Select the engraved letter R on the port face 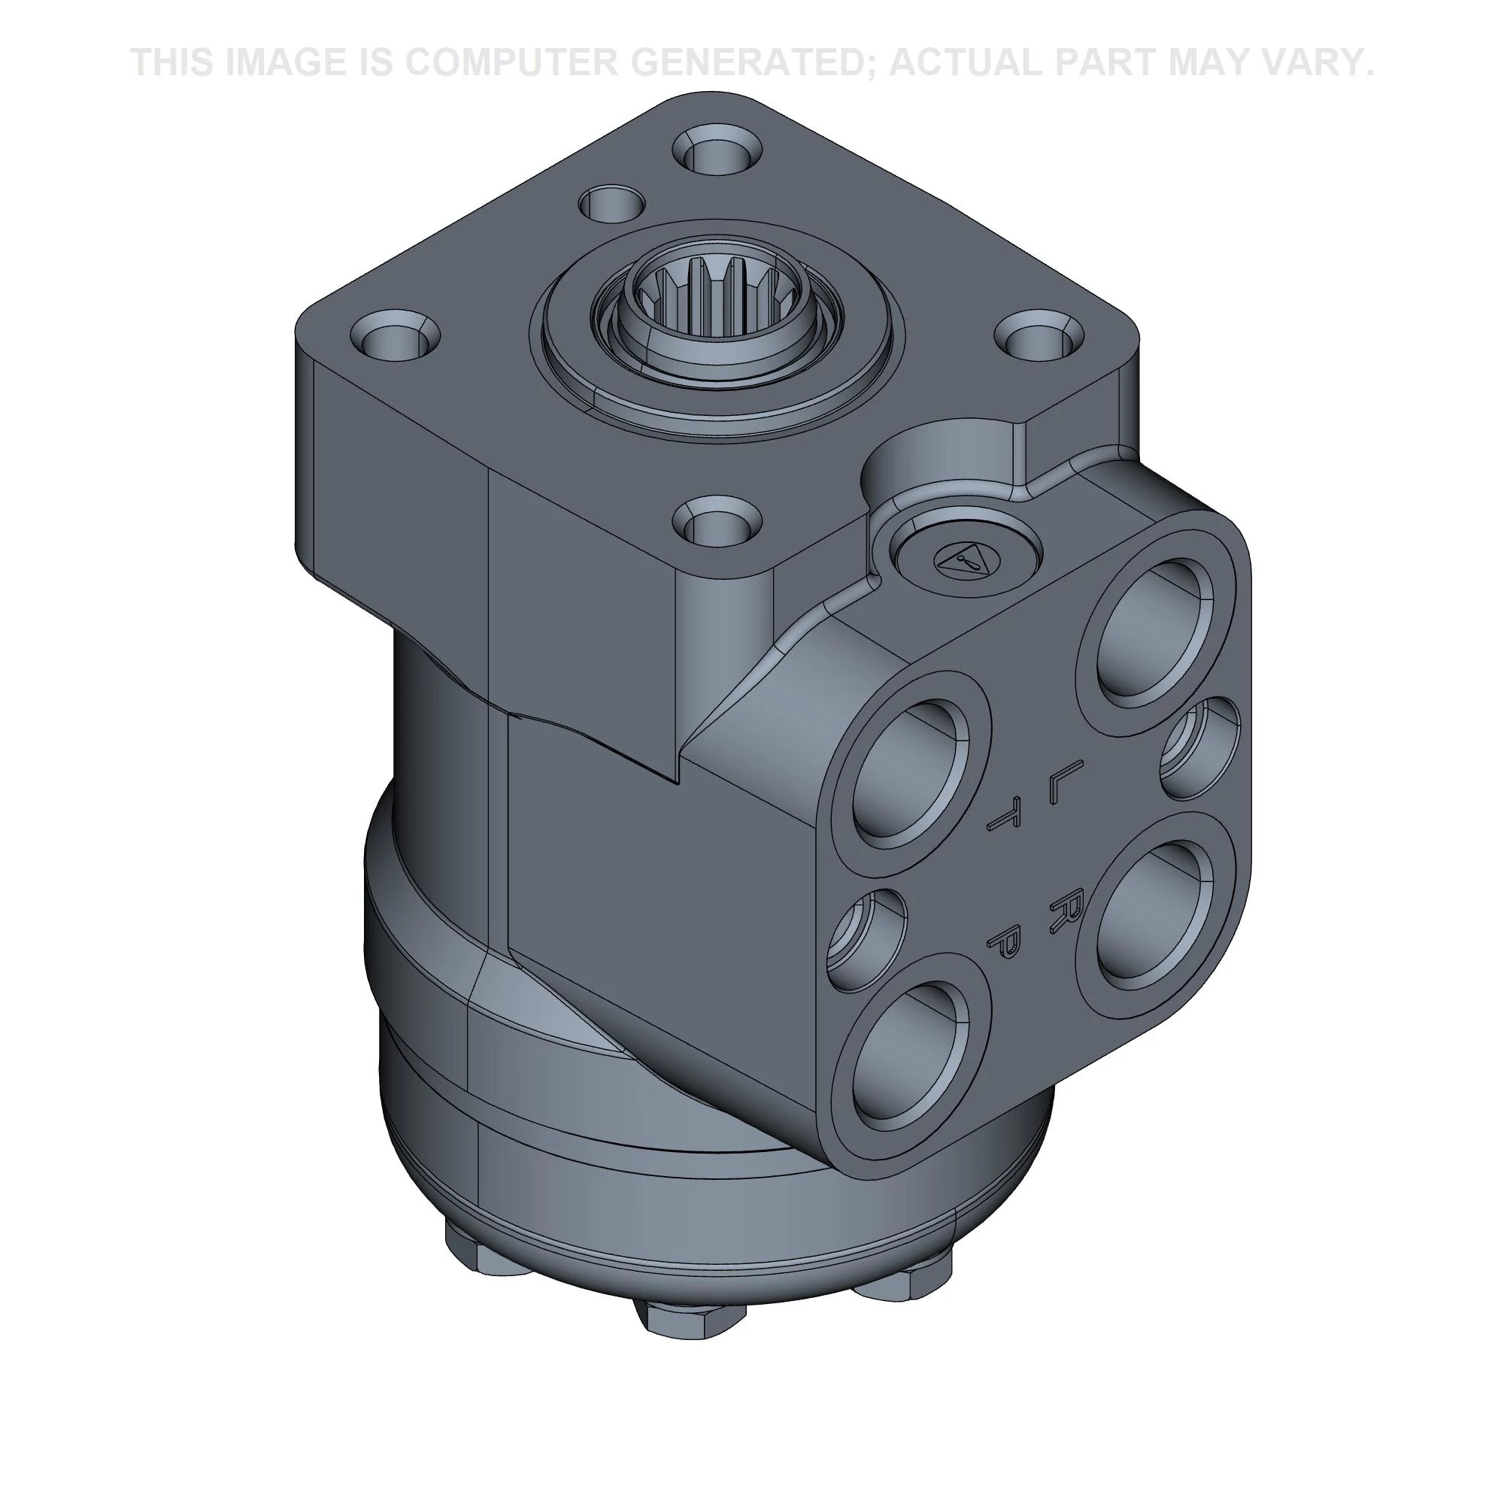1063,905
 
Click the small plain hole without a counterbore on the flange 611,205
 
